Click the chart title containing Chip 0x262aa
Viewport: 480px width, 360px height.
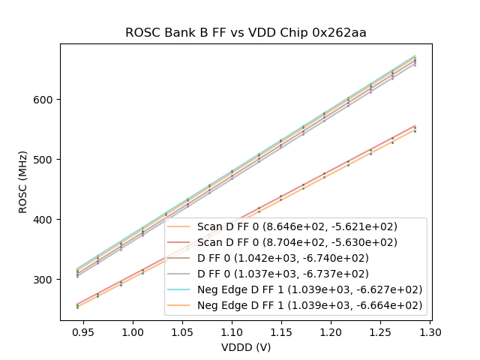[245, 32]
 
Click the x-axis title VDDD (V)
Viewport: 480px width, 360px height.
[245, 347]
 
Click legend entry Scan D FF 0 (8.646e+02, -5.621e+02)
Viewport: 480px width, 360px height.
[297, 226]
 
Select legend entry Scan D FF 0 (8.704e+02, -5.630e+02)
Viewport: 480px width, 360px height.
[297, 242]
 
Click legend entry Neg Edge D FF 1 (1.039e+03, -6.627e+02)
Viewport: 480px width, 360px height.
[310, 289]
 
